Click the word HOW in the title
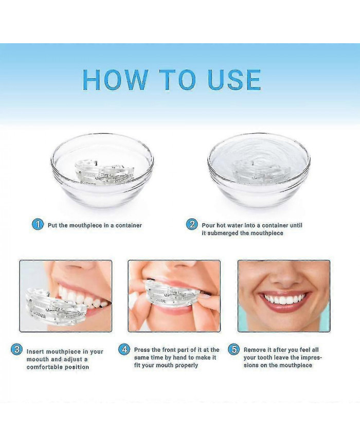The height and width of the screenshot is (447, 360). click(115, 79)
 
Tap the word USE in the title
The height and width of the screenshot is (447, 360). click(235, 79)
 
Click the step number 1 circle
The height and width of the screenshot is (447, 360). click(38, 225)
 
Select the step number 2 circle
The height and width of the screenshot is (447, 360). click(192, 225)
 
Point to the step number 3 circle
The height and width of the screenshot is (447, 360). click(16, 349)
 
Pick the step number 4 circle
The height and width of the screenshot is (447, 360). click(124, 349)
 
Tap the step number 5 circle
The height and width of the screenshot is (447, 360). click(234, 349)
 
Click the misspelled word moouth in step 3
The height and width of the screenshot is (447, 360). click(38, 359)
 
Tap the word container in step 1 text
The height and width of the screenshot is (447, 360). click(129, 225)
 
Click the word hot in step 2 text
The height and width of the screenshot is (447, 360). click(221, 225)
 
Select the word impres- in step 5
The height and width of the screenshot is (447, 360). click(310, 358)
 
